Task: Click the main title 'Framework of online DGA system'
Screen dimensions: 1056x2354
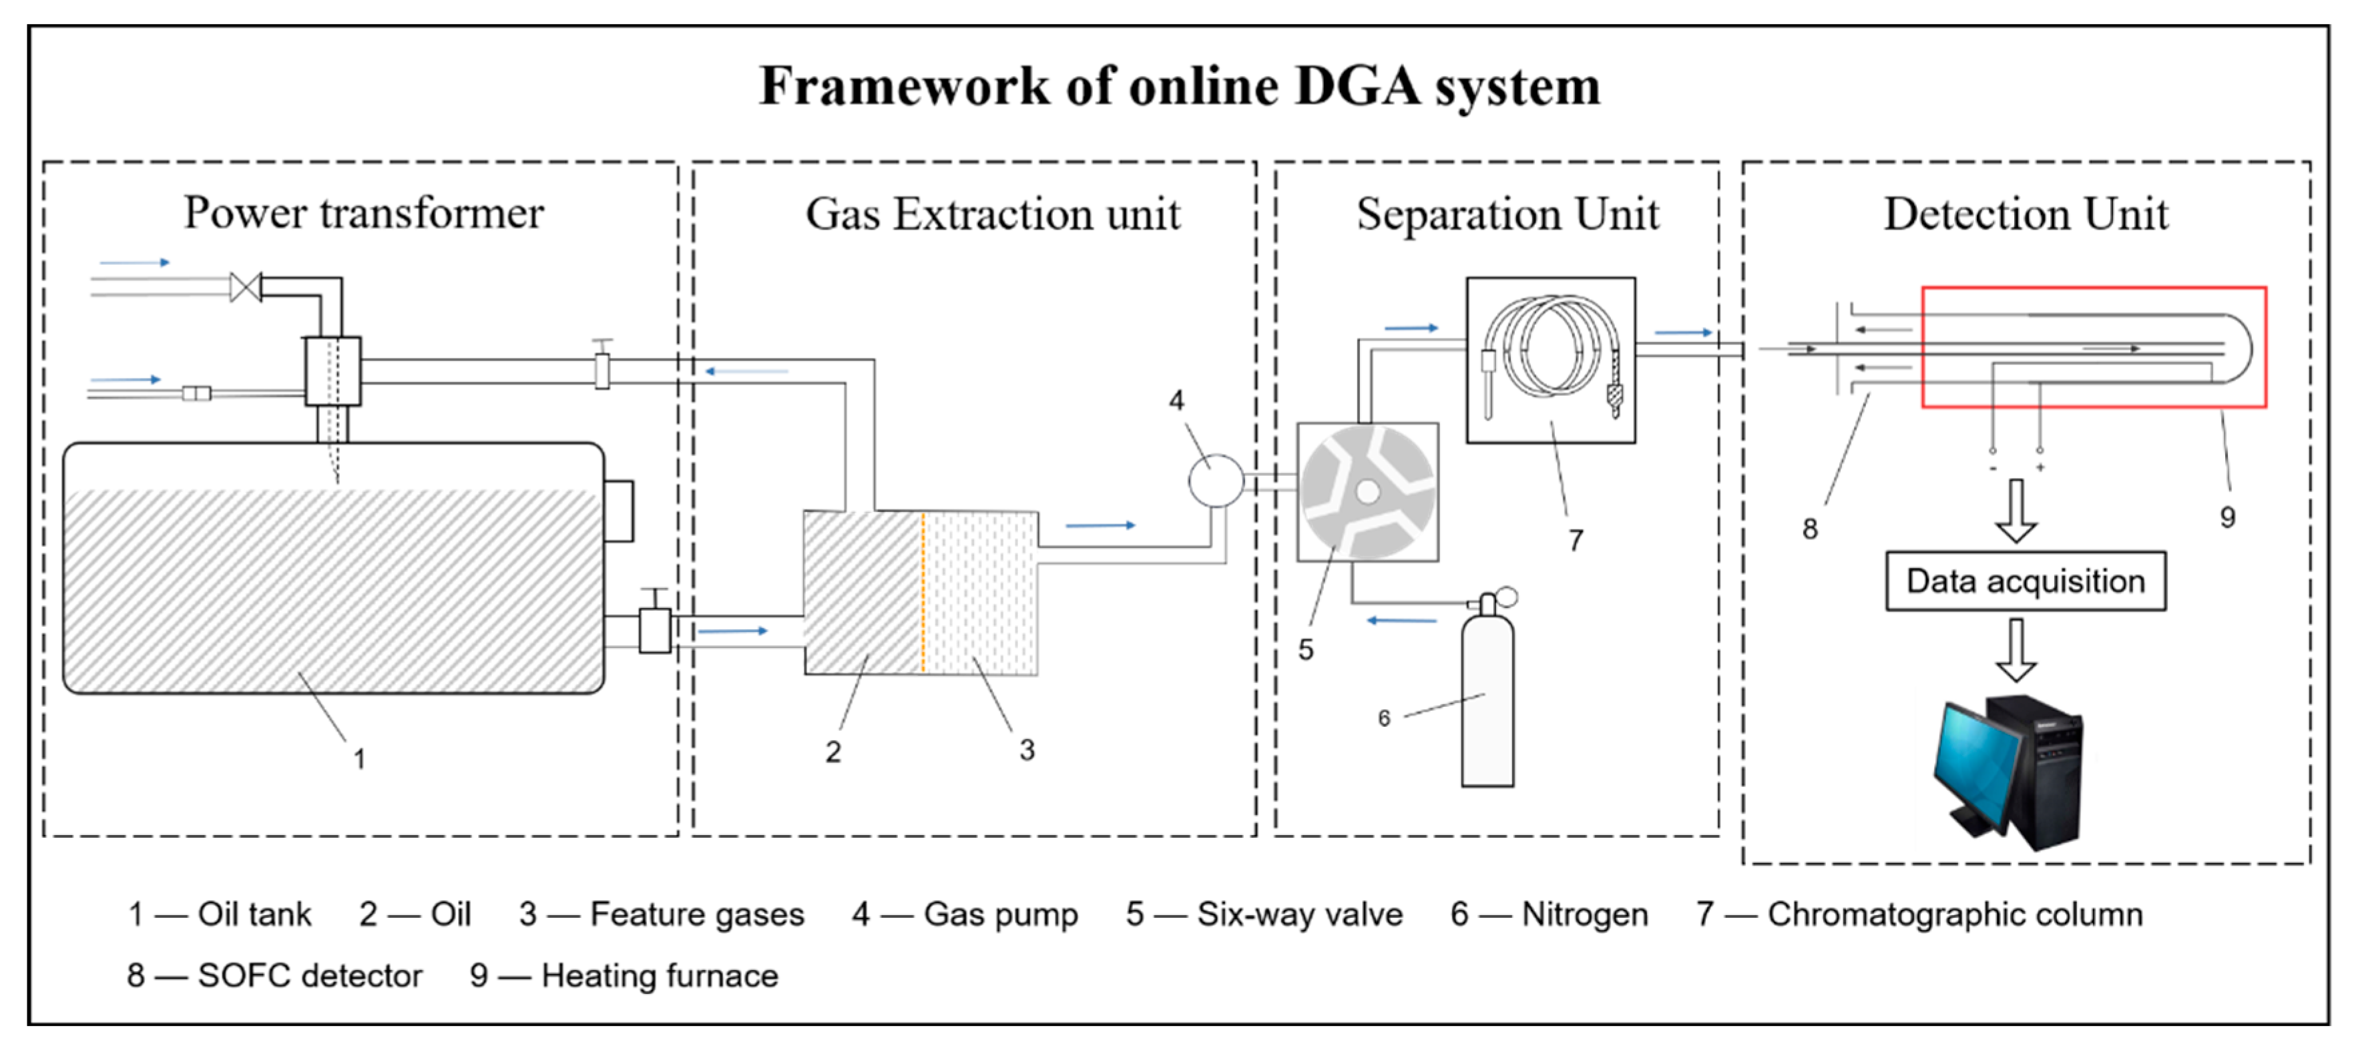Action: [1179, 87]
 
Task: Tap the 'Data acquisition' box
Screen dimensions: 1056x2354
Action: [2025, 581]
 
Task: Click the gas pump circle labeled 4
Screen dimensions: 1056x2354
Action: [1215, 481]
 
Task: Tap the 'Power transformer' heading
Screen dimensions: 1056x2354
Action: [364, 213]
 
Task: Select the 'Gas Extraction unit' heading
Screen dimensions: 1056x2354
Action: [993, 215]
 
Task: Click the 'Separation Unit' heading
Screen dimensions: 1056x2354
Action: [1507, 215]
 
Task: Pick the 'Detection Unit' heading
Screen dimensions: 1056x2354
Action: [2025, 215]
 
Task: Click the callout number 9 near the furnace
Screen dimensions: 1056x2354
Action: [2228, 517]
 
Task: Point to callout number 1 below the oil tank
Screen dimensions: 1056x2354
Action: [359, 759]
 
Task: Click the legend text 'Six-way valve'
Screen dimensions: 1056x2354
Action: [1299, 914]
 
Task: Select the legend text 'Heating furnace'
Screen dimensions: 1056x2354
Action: [659, 976]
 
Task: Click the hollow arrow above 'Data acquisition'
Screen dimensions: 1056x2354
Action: [2015, 511]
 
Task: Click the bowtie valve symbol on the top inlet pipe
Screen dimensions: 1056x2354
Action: [246, 287]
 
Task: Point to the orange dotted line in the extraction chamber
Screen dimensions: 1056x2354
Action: [923, 592]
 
